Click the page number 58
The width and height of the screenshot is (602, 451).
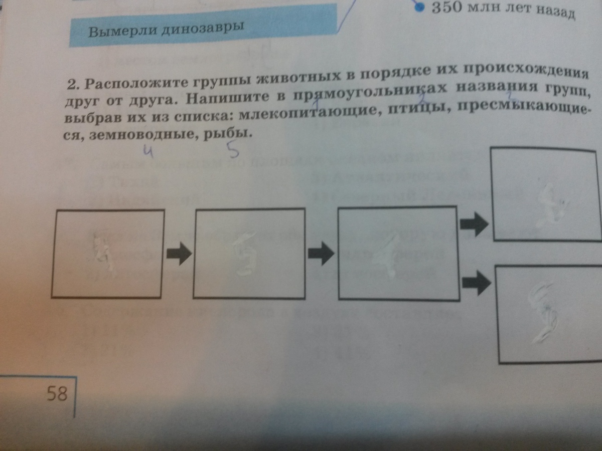click(x=57, y=393)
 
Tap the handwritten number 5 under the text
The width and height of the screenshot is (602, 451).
click(x=232, y=149)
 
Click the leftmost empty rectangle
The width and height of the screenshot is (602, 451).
click(x=108, y=254)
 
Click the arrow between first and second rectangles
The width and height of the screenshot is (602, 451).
click(x=179, y=254)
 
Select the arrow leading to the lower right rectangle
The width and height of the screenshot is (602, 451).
click(x=476, y=284)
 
